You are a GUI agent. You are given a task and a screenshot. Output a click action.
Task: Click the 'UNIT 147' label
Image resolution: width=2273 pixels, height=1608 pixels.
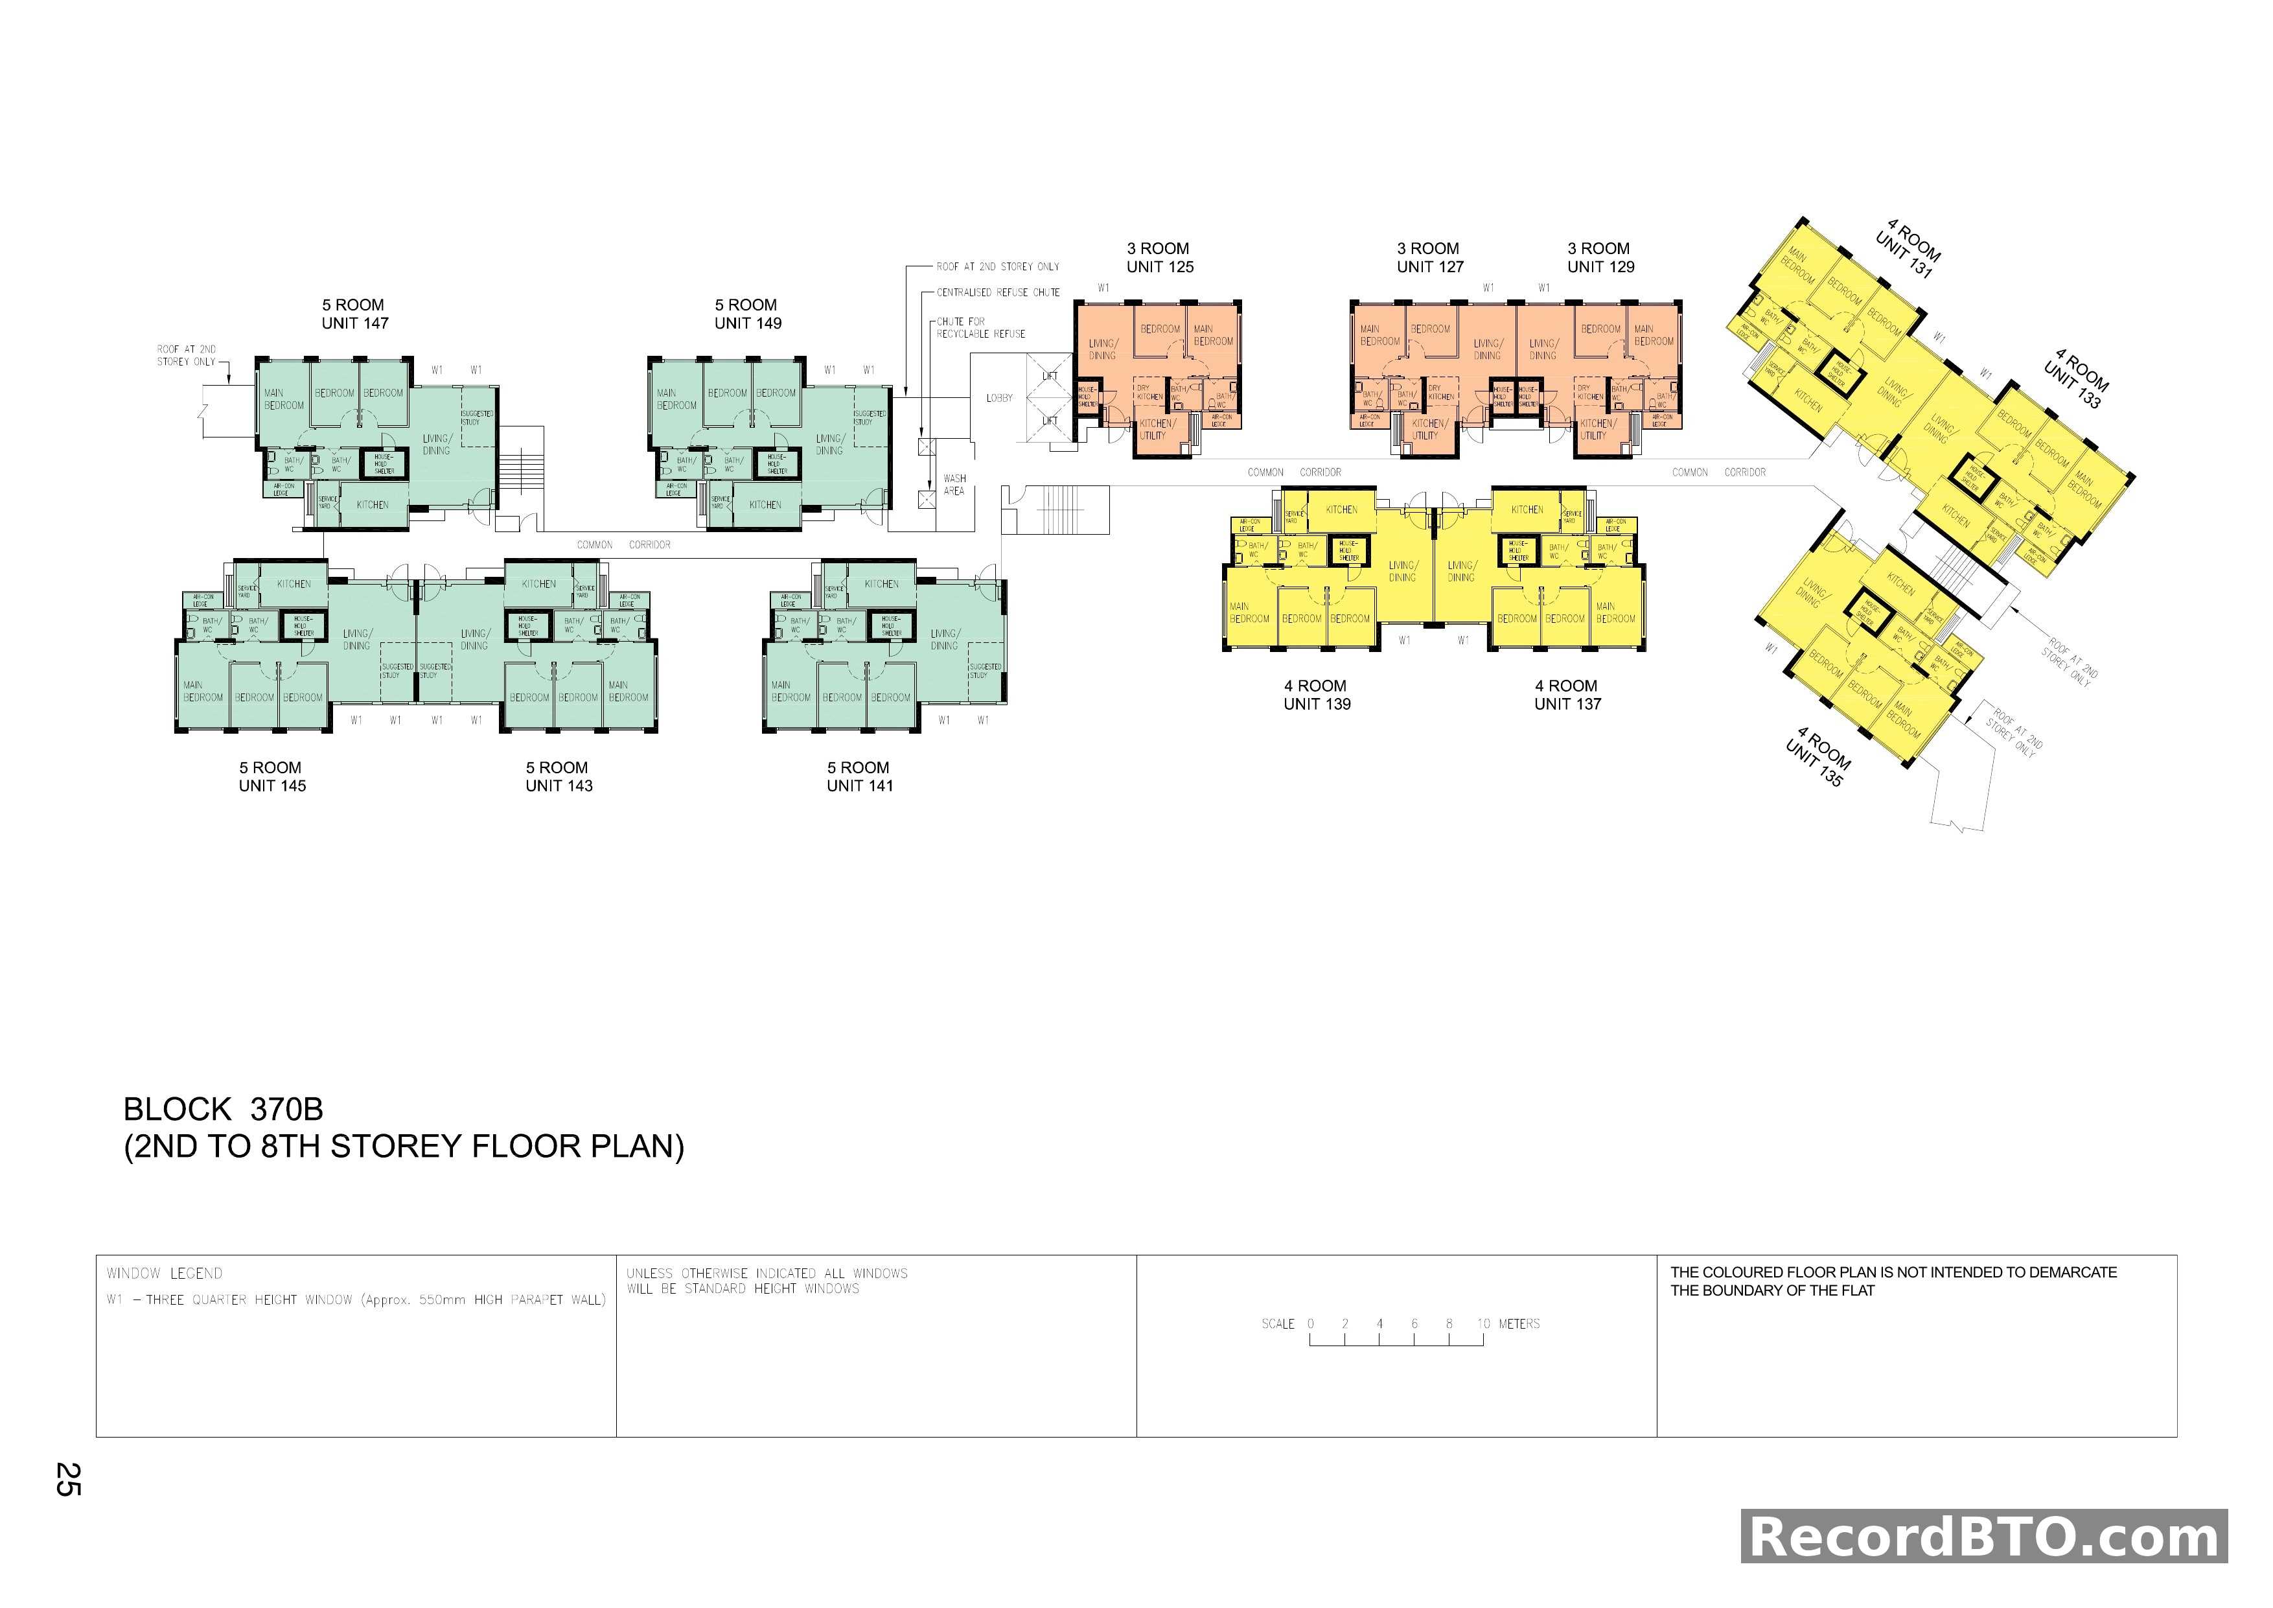click(x=354, y=324)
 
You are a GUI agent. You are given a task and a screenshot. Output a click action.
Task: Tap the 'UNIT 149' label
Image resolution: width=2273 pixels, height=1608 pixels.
click(x=748, y=324)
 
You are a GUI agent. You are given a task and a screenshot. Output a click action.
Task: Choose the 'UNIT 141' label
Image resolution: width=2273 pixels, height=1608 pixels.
click(x=859, y=786)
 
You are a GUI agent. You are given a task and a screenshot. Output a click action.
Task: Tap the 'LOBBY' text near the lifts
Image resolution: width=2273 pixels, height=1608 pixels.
click(x=999, y=398)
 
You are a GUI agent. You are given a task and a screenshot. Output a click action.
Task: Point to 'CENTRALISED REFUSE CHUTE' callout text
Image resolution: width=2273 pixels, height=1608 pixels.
click(x=998, y=293)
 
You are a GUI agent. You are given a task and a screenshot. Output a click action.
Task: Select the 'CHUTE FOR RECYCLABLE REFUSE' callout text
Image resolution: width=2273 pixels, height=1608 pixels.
click(x=981, y=328)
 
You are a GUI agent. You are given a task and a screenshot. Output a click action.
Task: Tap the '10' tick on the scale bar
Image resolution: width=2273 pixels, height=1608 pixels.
click(x=1483, y=1324)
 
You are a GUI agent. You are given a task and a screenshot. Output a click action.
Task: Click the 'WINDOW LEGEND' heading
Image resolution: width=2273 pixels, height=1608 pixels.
click(x=165, y=1274)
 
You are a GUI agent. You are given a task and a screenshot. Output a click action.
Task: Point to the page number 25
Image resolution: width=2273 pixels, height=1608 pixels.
click(x=67, y=1479)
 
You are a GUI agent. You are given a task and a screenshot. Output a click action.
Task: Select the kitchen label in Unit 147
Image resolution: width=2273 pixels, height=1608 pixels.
click(x=372, y=505)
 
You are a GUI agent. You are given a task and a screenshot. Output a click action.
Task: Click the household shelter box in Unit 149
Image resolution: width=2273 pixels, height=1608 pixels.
click(x=776, y=463)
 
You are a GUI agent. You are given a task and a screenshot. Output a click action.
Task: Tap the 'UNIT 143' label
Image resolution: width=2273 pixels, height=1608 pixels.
click(x=559, y=786)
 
